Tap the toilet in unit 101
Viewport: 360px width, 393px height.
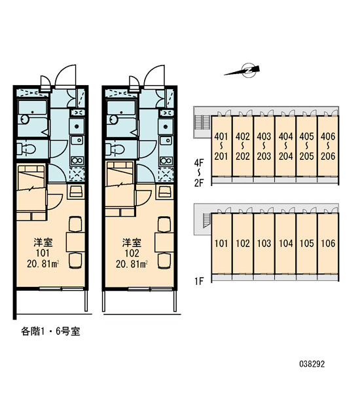point(26,149)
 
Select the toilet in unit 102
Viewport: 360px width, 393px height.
point(115,149)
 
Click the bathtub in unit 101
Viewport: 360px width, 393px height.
point(32,107)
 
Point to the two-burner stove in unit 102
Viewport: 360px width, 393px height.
point(166,160)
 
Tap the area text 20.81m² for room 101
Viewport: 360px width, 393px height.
point(43,264)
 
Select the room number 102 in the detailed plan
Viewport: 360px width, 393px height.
point(132,253)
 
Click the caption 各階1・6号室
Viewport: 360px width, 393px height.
point(50,331)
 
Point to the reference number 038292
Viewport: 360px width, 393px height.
point(312,364)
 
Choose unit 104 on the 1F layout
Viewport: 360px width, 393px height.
point(285,244)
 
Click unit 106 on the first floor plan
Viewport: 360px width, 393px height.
point(328,244)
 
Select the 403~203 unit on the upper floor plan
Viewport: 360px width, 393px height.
point(264,146)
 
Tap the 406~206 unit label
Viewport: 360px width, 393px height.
point(328,146)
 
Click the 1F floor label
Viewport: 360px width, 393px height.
point(200,281)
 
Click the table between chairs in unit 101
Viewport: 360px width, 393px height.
point(75,242)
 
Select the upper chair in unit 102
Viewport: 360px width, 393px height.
point(164,224)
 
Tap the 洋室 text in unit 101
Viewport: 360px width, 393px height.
point(43,242)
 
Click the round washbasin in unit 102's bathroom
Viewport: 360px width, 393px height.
point(113,119)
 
